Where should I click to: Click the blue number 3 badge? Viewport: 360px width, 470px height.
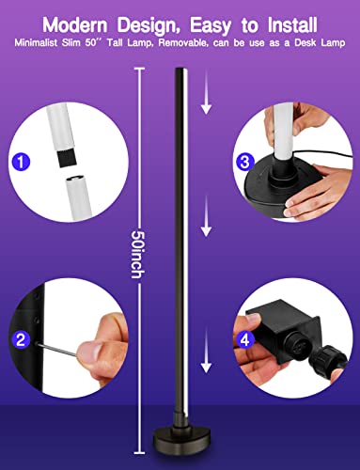click(245, 162)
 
